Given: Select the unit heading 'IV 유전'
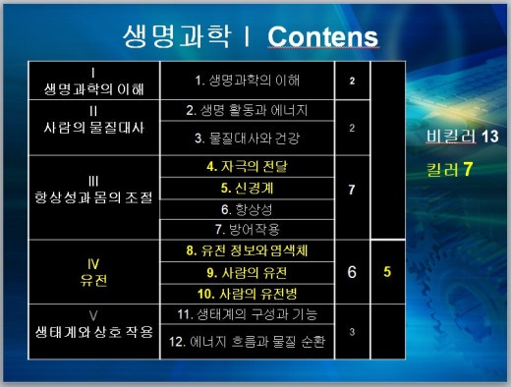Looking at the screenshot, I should [93, 272].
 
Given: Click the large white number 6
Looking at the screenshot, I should [351, 272].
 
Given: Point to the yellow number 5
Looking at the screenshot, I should [387, 272].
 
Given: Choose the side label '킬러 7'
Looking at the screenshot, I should [451, 169].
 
